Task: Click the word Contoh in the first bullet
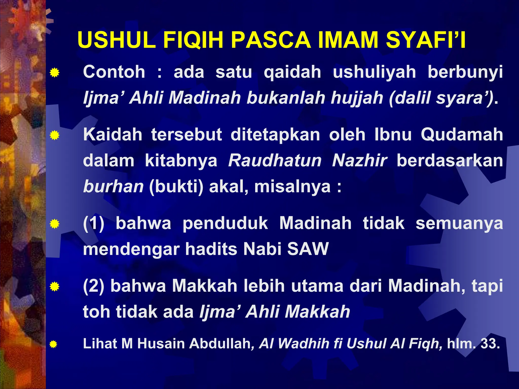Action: [114, 72]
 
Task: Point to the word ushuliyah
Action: [374, 72]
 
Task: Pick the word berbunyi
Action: [465, 72]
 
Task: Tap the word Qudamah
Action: [462, 134]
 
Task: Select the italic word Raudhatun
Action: [275, 161]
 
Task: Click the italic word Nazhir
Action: [360, 161]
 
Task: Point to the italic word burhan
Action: [113, 187]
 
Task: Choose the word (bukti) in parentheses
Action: [176, 187]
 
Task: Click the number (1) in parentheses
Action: [94, 223]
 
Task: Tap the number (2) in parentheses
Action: [94, 286]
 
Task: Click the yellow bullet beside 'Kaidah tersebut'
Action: [54, 135]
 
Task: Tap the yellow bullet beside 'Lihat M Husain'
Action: [53, 344]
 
